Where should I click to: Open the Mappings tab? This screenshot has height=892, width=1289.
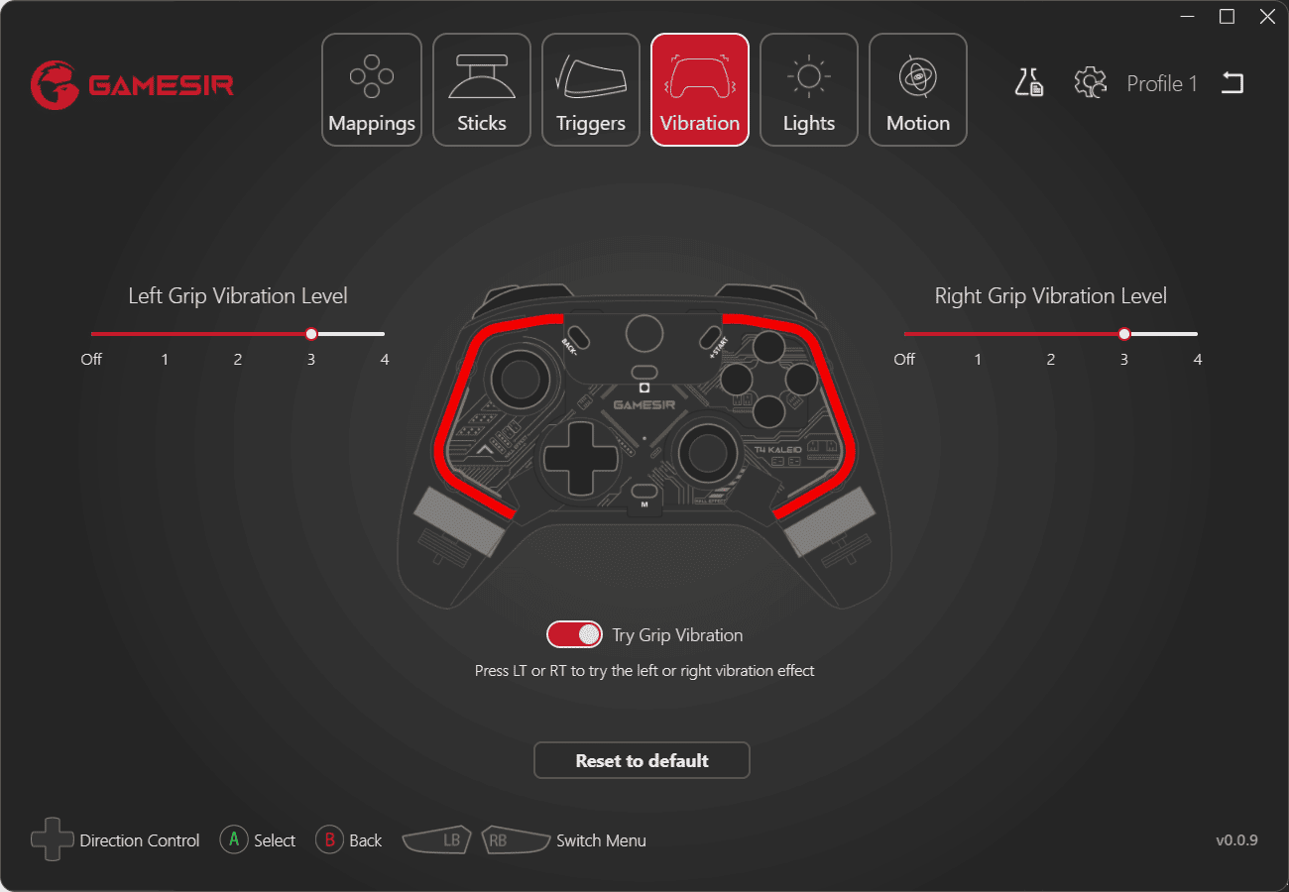[x=371, y=90]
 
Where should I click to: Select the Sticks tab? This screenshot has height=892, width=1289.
[x=481, y=90]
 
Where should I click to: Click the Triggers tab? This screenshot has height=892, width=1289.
[x=590, y=90]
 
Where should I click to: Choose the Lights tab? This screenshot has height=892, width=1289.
[x=808, y=90]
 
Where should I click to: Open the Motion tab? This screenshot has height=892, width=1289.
[x=918, y=90]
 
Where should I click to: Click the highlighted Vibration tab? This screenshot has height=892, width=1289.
[x=700, y=90]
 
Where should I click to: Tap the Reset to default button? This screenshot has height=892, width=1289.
[x=642, y=760]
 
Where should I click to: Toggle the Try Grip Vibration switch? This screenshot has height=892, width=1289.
[x=574, y=634]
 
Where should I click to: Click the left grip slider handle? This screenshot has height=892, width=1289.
[x=311, y=334]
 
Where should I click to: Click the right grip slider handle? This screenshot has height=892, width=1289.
[x=1123, y=334]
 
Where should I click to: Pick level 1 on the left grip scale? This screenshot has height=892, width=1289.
[x=165, y=360]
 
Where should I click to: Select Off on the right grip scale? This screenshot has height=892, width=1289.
[x=904, y=360]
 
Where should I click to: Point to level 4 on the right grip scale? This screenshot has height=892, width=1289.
[x=1198, y=360]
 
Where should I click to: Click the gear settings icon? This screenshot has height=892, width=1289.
[x=1090, y=83]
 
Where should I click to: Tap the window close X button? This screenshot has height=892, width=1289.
[x=1267, y=17]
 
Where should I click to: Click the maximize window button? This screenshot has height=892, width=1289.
[x=1227, y=17]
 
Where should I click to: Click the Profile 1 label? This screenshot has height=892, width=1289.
[x=1162, y=84]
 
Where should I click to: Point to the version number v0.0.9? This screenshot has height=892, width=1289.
[x=1236, y=840]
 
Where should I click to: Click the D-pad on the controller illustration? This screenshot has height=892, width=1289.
[x=581, y=458]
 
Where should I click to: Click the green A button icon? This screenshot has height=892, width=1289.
[x=234, y=839]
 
